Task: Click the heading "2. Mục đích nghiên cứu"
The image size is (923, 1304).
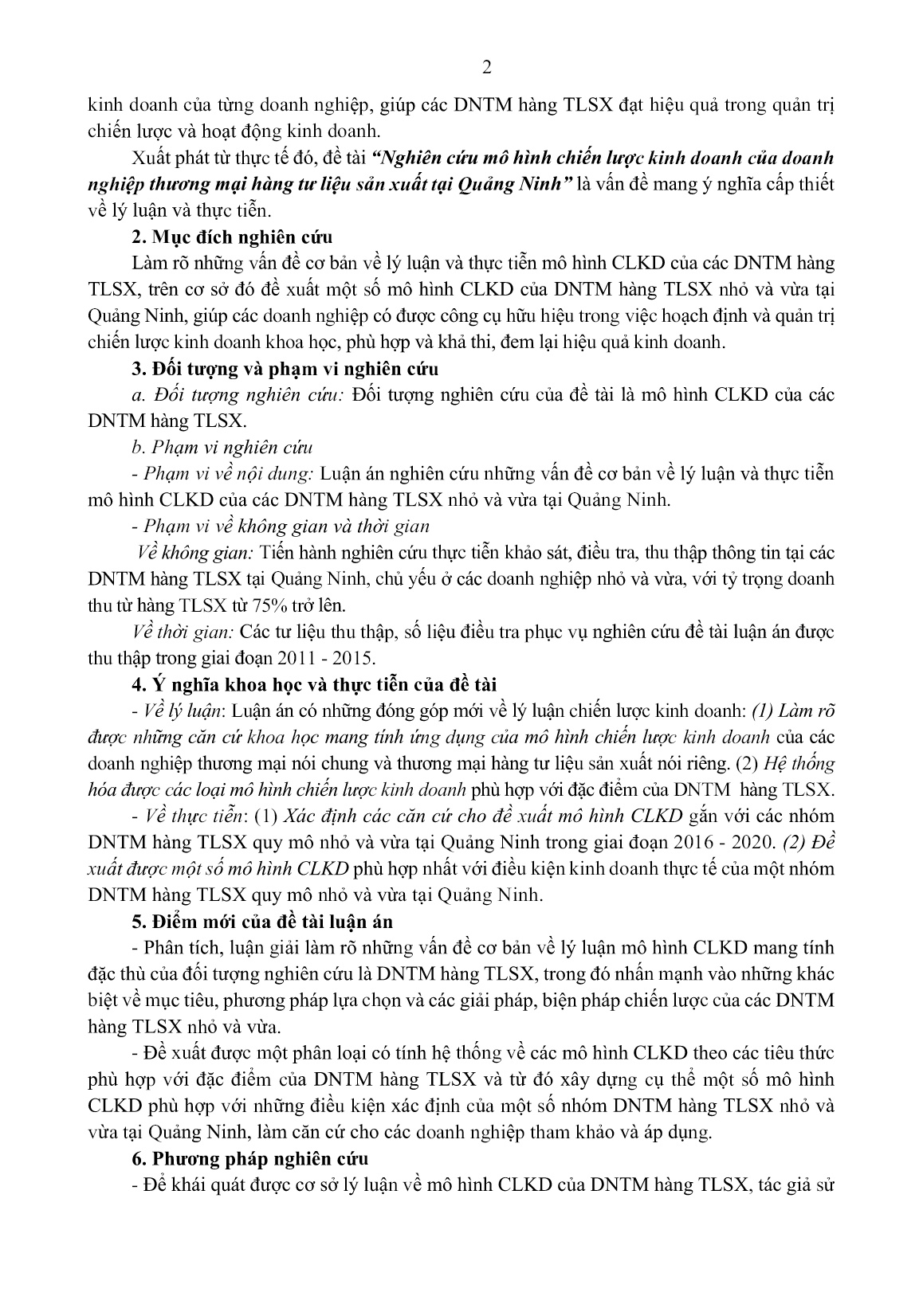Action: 231,237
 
